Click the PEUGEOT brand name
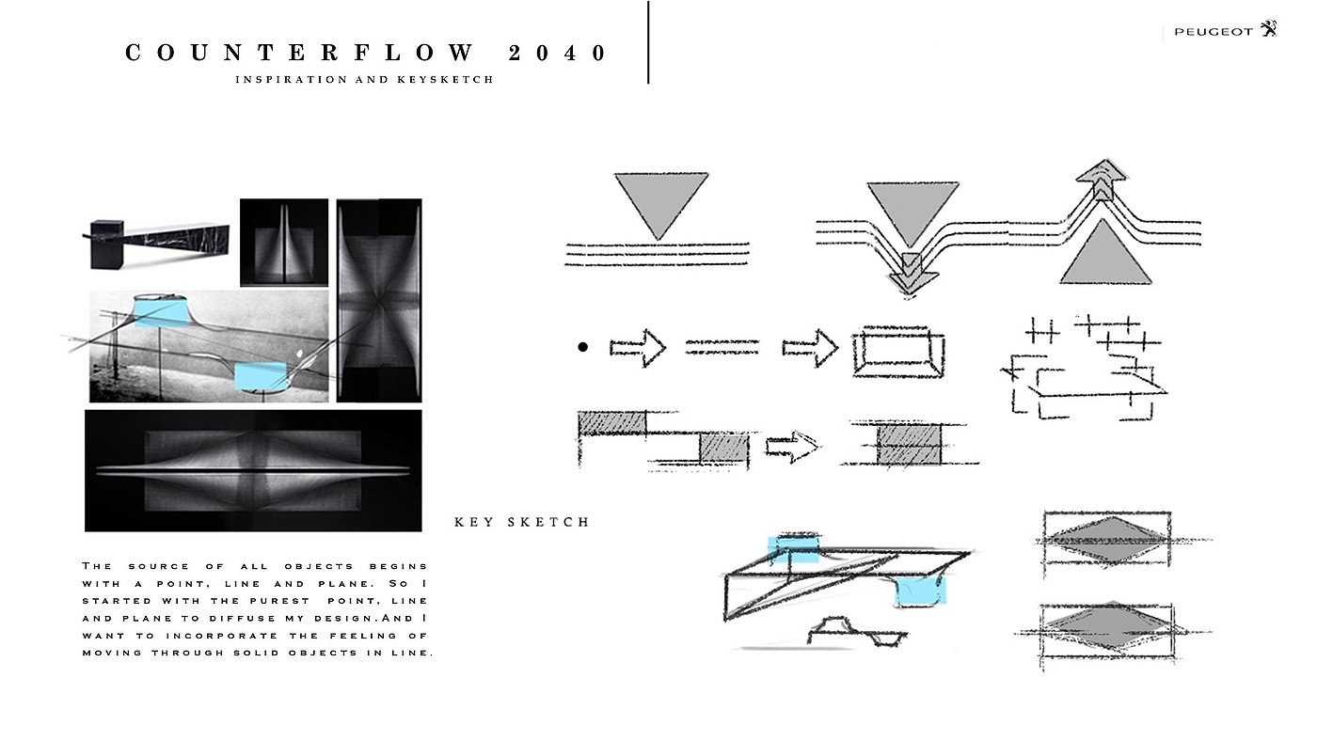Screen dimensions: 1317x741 click(x=1214, y=32)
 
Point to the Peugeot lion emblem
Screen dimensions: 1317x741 click(x=1270, y=29)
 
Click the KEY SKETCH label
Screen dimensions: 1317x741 click(x=521, y=522)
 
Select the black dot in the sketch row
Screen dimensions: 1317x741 click(x=582, y=348)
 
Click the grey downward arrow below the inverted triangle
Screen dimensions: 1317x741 click(x=910, y=272)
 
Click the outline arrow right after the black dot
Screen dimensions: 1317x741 click(x=638, y=348)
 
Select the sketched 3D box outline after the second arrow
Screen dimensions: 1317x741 click(x=897, y=352)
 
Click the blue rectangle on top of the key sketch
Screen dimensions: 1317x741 click(x=794, y=549)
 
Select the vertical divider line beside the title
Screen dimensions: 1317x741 click(x=648, y=42)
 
